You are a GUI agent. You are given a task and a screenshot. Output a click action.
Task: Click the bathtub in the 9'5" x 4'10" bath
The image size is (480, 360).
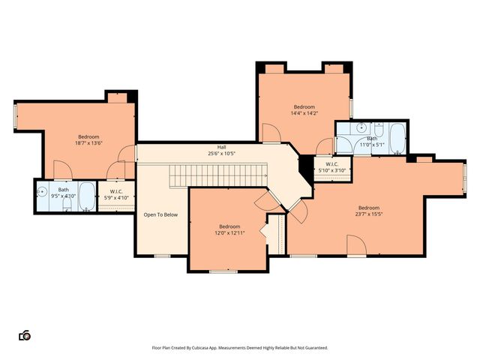point(86,196)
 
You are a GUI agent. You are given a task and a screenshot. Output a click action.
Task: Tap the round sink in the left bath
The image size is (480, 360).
point(42,191)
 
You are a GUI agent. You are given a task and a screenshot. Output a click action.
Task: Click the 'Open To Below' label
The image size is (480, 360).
point(160,215)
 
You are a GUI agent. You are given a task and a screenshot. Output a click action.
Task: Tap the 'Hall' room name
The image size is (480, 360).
point(221,147)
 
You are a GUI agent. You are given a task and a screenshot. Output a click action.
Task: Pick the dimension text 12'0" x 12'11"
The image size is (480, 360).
point(229,232)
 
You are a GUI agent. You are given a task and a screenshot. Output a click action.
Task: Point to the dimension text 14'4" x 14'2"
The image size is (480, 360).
point(304,113)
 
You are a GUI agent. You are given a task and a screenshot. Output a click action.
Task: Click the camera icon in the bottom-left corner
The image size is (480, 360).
point(25,335)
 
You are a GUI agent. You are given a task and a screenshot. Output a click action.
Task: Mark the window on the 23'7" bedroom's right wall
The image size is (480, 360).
point(464,180)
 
